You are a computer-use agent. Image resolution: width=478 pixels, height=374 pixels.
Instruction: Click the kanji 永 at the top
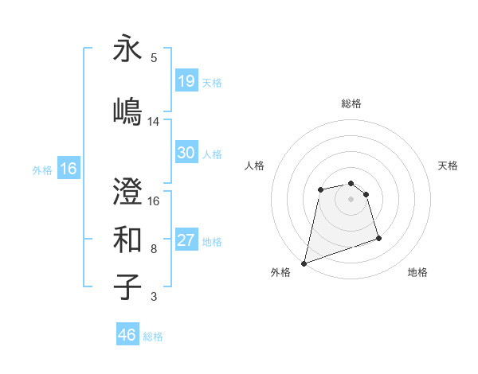[127, 49]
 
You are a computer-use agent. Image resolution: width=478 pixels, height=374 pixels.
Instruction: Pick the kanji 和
[127, 238]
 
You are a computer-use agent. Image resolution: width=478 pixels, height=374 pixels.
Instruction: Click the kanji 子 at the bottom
[127, 286]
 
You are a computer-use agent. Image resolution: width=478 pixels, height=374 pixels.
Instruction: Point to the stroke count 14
[154, 122]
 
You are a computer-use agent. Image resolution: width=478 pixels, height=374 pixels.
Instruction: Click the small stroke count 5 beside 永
[154, 58]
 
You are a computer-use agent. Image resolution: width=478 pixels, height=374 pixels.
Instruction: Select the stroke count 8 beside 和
[154, 249]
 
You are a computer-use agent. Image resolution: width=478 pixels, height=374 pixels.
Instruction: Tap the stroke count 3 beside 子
[154, 298]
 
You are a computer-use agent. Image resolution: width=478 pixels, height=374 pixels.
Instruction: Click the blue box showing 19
[186, 80]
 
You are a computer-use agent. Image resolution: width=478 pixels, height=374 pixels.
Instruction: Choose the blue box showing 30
[186, 153]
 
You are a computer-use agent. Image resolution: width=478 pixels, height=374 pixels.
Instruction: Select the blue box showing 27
[186, 240]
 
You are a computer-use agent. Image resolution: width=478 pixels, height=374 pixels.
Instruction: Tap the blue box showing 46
[127, 334]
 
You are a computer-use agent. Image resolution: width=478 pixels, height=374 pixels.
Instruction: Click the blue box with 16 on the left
[69, 169]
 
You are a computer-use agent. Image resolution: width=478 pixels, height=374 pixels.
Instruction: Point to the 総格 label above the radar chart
[351, 103]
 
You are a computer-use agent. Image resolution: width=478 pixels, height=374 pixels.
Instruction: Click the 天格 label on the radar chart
[448, 166]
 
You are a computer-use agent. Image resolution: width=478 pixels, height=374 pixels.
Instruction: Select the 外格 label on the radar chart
[280, 273]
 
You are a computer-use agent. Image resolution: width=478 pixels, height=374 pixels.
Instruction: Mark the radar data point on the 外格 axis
[304, 263]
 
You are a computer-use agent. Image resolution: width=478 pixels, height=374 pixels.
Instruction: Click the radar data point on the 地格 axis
[378, 238]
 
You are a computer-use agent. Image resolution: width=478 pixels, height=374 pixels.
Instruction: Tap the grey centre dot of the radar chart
[351, 199]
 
